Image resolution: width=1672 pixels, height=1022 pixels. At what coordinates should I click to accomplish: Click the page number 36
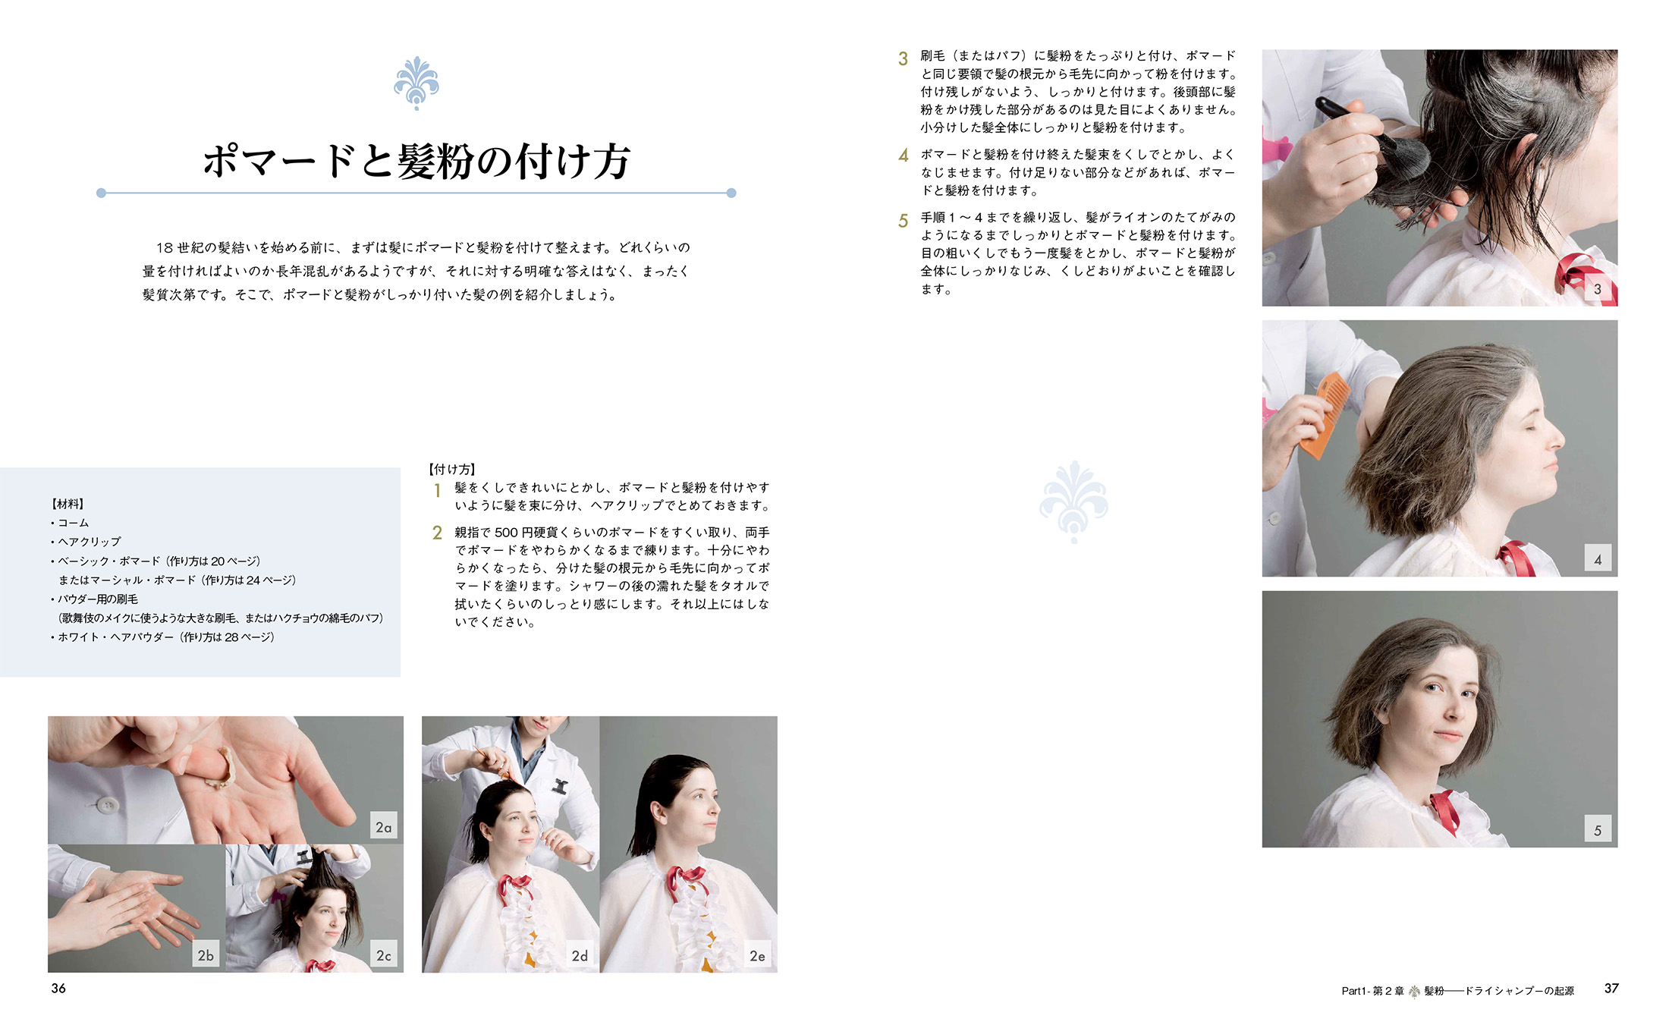click(58, 988)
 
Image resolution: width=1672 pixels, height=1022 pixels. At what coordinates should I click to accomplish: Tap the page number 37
click(1611, 988)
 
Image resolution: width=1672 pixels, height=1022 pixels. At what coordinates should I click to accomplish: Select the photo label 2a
click(384, 827)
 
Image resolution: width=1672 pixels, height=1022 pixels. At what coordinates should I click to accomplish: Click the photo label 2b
click(206, 955)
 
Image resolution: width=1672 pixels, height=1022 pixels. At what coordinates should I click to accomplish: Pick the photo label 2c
click(384, 955)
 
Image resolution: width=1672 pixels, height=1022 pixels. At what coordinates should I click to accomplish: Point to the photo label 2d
click(580, 955)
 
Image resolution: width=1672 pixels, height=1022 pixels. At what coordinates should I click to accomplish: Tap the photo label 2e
click(758, 955)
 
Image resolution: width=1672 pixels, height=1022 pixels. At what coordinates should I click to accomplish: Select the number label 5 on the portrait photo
click(1598, 830)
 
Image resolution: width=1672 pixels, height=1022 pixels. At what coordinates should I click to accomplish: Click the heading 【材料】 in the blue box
click(68, 504)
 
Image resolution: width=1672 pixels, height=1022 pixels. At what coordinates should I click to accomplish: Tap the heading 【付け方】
click(452, 470)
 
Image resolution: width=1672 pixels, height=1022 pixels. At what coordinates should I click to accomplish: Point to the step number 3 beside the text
click(903, 58)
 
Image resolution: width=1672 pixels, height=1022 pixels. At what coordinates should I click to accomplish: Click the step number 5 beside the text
click(903, 221)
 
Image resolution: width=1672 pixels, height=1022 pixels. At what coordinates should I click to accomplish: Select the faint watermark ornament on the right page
click(1073, 502)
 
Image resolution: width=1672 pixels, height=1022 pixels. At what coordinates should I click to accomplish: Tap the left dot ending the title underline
click(101, 193)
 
